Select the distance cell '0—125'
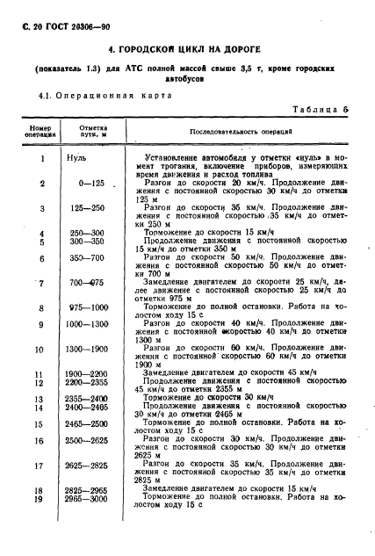coord(92,184)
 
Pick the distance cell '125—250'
coord(92,208)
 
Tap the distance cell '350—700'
coord(92,259)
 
